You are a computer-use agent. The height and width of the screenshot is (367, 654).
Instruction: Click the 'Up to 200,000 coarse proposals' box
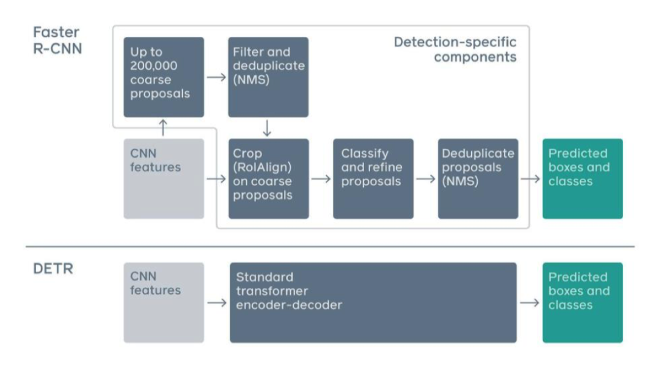click(x=163, y=77)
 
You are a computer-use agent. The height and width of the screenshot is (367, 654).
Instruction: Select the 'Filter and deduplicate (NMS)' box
click(x=268, y=77)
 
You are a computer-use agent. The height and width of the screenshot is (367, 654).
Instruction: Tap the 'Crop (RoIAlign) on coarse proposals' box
click(x=269, y=179)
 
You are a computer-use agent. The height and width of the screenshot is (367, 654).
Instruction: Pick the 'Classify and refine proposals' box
click(x=373, y=179)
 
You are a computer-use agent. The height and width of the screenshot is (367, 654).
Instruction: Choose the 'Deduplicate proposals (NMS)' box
click(x=478, y=179)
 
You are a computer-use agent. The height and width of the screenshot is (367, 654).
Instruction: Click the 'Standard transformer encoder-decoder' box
click(x=373, y=302)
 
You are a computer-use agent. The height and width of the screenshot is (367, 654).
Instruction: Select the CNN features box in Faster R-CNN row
click(x=163, y=179)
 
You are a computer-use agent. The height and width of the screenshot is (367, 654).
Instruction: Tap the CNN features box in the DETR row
click(x=163, y=302)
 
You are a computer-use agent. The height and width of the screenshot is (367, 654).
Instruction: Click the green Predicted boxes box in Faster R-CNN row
click(x=583, y=179)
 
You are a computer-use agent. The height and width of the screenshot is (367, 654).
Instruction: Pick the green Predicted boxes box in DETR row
click(x=583, y=302)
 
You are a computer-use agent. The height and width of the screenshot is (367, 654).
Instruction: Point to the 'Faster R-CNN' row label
click(x=58, y=41)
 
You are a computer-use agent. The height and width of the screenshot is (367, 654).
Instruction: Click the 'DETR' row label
click(x=53, y=268)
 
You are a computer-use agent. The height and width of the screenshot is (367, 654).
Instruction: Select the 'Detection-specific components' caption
click(x=455, y=49)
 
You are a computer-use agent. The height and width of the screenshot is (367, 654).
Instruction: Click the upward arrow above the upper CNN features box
click(x=163, y=128)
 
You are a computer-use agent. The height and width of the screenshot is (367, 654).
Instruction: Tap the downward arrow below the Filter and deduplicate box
click(x=267, y=128)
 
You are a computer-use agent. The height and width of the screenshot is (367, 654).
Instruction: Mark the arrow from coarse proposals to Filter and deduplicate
click(x=216, y=77)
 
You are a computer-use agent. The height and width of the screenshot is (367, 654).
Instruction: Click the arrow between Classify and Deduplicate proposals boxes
click(x=426, y=179)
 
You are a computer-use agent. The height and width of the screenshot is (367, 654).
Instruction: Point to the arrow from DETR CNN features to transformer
click(x=217, y=302)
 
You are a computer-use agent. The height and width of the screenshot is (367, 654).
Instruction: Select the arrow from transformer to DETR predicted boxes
click(x=530, y=302)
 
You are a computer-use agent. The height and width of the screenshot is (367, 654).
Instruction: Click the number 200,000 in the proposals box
click(x=153, y=66)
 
